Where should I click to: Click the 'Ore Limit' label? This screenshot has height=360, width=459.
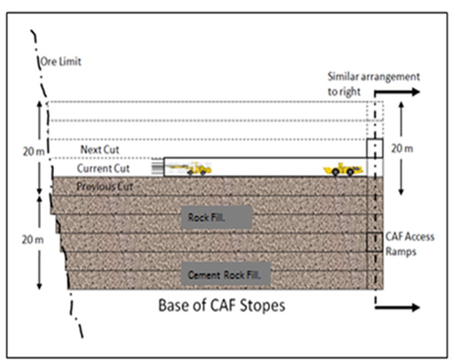point(60,62)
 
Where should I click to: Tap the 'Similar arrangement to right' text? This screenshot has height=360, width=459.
point(373,83)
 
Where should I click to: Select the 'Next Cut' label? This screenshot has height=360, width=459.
point(100,150)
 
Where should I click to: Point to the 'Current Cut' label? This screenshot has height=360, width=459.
point(103,169)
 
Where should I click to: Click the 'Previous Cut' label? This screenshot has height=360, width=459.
point(105,186)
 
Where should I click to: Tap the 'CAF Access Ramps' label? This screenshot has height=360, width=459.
point(409,244)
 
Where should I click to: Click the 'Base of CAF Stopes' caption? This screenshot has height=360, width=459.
point(222,306)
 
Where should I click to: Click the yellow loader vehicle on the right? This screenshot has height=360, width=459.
point(343,169)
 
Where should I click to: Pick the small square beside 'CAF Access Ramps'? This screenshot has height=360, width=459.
point(374,242)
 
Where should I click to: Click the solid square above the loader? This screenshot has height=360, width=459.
point(374,148)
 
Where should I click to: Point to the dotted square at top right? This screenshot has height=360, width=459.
point(374,111)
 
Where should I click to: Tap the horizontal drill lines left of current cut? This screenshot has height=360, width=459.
point(157,167)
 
